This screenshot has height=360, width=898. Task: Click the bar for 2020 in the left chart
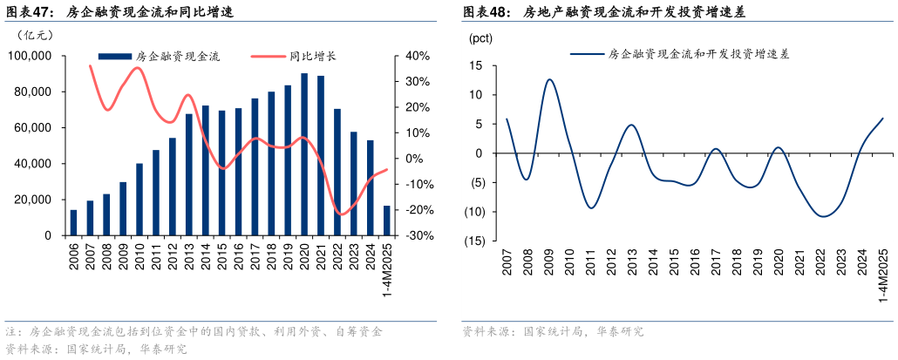click(304, 154)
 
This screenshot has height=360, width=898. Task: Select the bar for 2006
click(73, 222)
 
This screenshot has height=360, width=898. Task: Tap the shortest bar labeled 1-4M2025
click(387, 221)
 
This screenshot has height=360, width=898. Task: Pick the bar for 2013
click(189, 174)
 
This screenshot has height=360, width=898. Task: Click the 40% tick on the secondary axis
click(418, 56)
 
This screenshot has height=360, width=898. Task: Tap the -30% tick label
click(416, 235)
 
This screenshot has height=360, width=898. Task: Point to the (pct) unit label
click(480, 38)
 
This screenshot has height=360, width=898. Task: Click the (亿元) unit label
click(35, 35)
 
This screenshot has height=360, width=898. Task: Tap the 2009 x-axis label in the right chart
click(548, 262)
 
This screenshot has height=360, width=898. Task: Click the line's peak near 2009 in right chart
click(548, 79)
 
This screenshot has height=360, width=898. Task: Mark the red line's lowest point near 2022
click(341, 214)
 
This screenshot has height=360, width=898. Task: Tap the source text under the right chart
click(553, 332)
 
